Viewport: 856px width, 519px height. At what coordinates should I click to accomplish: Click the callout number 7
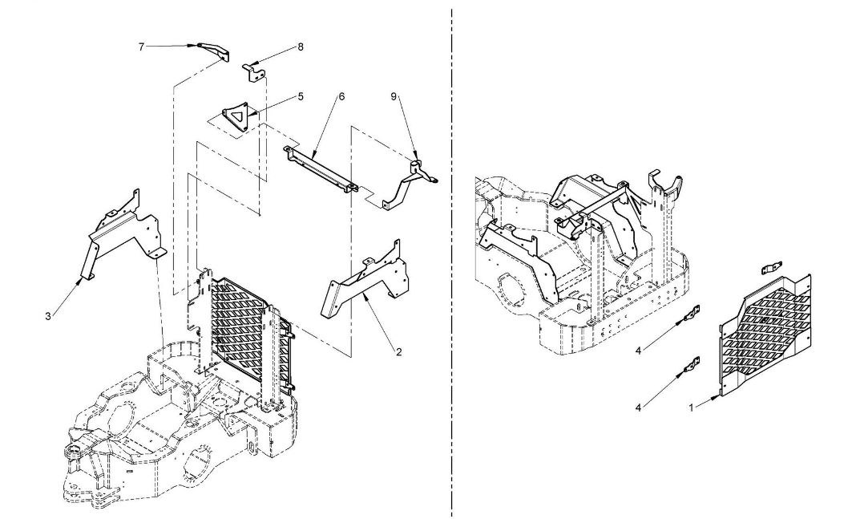[x=141, y=47]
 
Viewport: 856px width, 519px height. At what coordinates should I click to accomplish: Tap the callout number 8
[x=301, y=47]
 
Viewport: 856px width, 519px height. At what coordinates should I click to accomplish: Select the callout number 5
[x=301, y=97]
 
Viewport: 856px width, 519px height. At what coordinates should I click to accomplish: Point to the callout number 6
[x=341, y=97]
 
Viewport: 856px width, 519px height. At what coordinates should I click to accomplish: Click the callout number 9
[x=394, y=97]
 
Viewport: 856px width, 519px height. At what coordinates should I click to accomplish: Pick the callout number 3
[x=48, y=316]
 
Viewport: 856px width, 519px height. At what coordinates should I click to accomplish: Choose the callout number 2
[x=398, y=352]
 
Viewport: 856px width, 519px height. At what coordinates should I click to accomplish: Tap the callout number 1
[x=691, y=407]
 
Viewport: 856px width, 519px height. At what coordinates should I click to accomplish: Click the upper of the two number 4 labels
[x=638, y=351]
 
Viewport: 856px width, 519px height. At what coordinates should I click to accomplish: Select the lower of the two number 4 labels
[x=638, y=407]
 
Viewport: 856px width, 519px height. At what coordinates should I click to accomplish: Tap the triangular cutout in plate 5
[x=237, y=116]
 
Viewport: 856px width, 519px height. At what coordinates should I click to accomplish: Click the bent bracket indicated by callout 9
[x=410, y=180]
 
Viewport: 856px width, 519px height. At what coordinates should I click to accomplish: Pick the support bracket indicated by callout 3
[x=123, y=232]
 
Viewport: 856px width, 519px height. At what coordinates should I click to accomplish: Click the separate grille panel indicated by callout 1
[x=765, y=335]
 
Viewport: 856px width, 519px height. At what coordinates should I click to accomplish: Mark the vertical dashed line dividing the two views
[x=452, y=260]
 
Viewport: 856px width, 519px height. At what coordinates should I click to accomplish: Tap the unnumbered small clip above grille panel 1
[x=772, y=269]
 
